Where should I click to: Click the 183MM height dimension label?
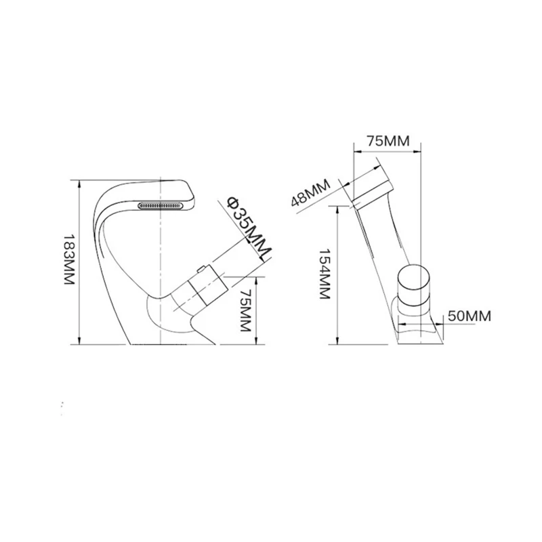tap(68, 261)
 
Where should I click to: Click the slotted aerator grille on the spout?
tap(162, 203)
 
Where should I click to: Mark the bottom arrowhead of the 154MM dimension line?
tap(337, 341)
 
